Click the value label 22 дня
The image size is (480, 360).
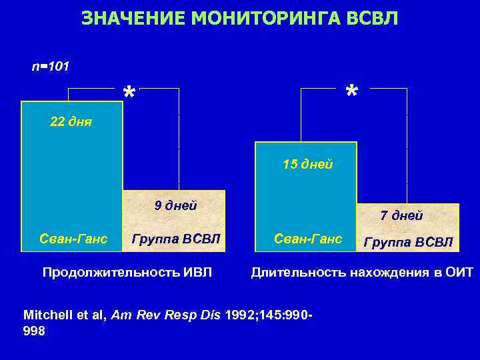71,121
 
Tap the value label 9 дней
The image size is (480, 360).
175,205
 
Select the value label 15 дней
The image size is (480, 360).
307,164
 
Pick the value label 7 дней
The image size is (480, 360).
401,215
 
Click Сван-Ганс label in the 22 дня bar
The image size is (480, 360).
73,238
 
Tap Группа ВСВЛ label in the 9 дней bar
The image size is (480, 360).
175,238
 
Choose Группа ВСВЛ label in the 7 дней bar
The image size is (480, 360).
408,241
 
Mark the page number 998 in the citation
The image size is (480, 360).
35,330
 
